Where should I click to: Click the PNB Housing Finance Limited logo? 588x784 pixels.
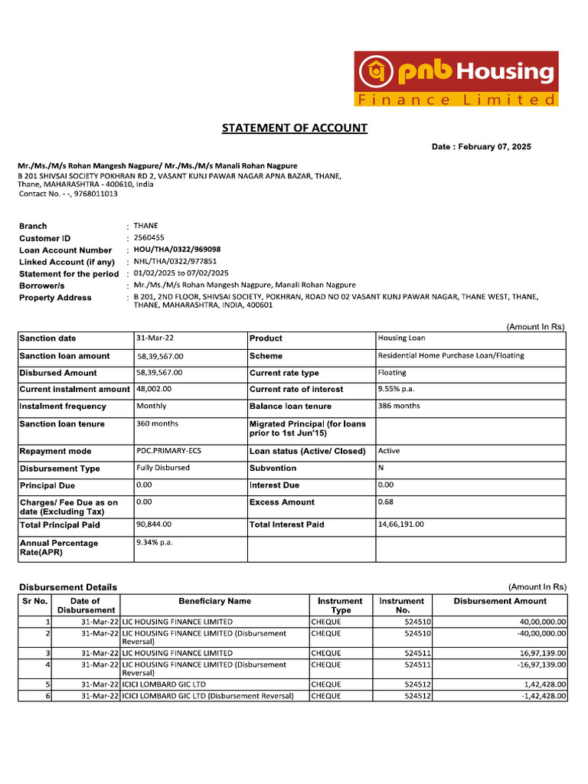click(x=456, y=78)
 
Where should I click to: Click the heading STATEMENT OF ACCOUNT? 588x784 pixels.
click(x=294, y=128)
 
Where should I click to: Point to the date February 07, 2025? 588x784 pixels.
click(x=494, y=147)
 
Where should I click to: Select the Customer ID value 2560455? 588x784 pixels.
click(x=149, y=238)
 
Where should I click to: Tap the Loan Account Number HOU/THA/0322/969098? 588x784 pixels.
click(x=177, y=250)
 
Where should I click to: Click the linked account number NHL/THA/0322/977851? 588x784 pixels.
click(x=175, y=261)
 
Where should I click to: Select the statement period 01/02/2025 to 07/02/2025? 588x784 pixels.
click(x=181, y=273)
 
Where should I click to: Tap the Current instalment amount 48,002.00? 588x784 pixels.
click(x=154, y=389)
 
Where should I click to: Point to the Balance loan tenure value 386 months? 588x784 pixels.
click(x=399, y=406)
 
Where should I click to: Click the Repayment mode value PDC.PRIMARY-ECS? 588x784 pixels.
click(x=168, y=451)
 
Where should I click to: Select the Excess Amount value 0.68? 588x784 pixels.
click(x=386, y=501)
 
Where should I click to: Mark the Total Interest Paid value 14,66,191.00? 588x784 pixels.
click(x=400, y=524)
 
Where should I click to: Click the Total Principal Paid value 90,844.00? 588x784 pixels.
click(x=154, y=524)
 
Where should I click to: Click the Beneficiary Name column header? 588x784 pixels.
click(x=214, y=601)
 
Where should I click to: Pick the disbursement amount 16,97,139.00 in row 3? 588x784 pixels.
click(x=541, y=653)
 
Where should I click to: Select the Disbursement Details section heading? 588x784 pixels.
click(x=68, y=587)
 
